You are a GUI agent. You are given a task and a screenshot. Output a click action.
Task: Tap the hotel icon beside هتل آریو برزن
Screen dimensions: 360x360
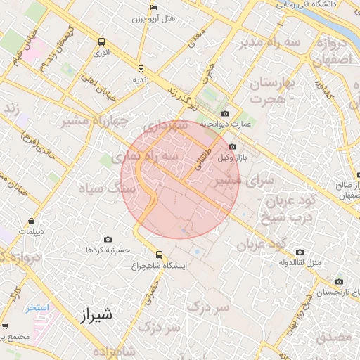click(x=155, y=8)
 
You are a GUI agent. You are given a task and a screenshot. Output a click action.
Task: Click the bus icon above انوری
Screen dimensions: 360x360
click(x=102, y=41)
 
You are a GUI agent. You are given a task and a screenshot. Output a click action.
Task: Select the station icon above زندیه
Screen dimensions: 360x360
click(x=141, y=69)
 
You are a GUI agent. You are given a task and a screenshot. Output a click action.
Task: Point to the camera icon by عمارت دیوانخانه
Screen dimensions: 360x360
click(x=225, y=114)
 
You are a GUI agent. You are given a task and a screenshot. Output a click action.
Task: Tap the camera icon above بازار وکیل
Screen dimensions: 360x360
click(x=233, y=146)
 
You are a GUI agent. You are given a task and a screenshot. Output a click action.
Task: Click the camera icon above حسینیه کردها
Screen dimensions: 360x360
click(x=108, y=240)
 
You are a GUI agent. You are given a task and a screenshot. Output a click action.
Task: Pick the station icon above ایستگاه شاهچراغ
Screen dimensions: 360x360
click(x=159, y=255)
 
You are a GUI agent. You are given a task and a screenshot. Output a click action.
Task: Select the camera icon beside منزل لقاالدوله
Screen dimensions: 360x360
click(x=300, y=252)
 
